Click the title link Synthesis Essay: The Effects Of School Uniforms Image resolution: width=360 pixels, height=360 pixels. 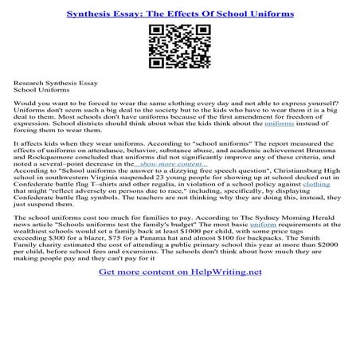180,14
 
